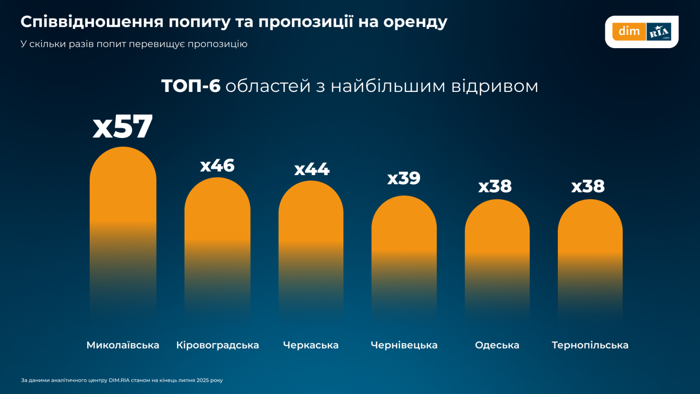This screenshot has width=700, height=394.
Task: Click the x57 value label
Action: pos(123,127)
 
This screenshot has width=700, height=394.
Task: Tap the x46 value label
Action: pos(217,166)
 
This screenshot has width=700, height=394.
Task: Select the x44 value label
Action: pos(311,169)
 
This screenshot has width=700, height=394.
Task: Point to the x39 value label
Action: pos(404,178)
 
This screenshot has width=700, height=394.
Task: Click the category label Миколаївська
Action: pos(123,345)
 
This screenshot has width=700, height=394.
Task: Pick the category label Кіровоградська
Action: pos(217,345)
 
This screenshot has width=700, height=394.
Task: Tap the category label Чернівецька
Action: pos(404,345)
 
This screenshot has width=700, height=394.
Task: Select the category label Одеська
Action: pos(497,345)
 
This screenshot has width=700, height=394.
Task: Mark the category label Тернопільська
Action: pos(590,345)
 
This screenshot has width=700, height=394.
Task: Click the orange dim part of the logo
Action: pos(629,32)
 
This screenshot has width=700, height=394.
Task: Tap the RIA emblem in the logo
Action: pos(659,32)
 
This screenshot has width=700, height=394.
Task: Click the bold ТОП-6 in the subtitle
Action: pos(191,86)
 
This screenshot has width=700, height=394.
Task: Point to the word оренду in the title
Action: pos(415,22)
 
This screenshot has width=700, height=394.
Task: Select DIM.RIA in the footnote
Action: pos(119,380)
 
